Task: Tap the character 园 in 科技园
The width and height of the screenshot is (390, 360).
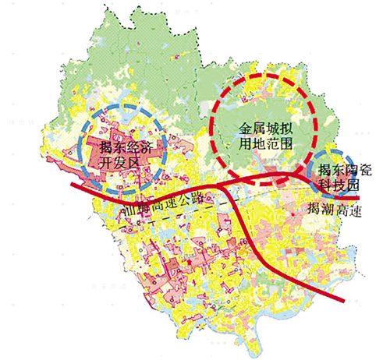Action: pyautogui.click(x=355, y=186)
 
